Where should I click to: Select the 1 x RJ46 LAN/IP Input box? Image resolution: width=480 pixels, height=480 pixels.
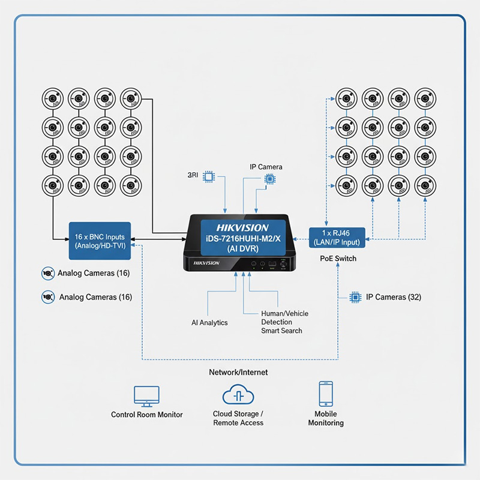pyautogui.click(x=337, y=237)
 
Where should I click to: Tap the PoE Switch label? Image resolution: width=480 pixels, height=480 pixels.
pyautogui.click(x=337, y=259)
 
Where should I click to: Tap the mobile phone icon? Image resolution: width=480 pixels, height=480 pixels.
pyautogui.click(x=326, y=394)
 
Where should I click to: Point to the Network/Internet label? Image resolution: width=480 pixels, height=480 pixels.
pyautogui.click(x=238, y=372)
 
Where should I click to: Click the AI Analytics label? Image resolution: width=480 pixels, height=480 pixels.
pyautogui.click(x=209, y=323)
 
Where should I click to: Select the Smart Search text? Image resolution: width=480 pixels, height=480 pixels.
pyautogui.click(x=281, y=331)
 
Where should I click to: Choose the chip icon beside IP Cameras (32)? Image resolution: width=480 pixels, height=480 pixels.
pyautogui.click(x=355, y=297)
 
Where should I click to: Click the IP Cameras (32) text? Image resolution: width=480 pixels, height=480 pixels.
pyautogui.click(x=393, y=297)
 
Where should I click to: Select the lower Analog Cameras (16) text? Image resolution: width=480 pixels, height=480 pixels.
pyautogui.click(x=95, y=297)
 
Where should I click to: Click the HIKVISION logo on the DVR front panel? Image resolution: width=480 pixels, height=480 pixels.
pyautogui.click(x=206, y=263)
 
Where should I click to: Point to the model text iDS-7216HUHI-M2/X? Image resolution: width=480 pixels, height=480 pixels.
pyautogui.click(x=242, y=239)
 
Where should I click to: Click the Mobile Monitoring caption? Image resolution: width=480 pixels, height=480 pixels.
pyautogui.click(x=326, y=418)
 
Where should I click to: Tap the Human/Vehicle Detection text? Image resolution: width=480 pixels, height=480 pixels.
pyautogui.click(x=285, y=318)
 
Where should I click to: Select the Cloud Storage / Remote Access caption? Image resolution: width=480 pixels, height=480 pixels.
pyautogui.click(x=238, y=418)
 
